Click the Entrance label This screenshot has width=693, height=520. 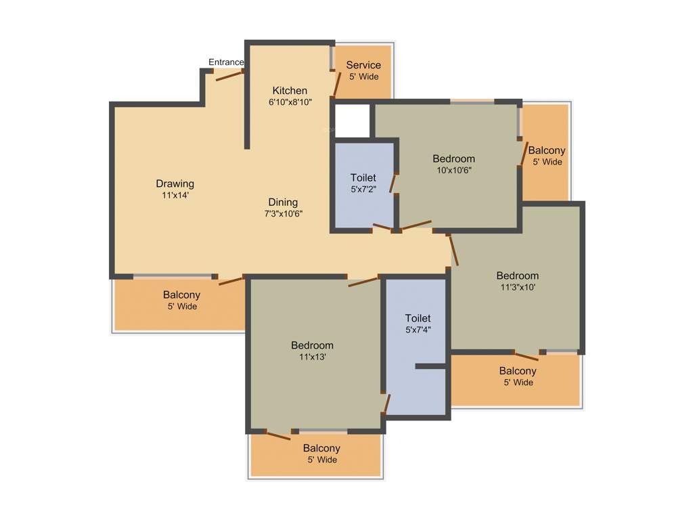[226, 62]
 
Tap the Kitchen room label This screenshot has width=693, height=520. [290, 91]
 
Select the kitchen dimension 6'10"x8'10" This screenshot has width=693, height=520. [290, 102]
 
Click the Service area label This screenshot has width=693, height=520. [363, 65]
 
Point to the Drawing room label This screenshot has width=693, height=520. [175, 183]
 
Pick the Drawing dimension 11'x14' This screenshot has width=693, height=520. [175, 196]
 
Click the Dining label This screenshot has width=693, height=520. [283, 202]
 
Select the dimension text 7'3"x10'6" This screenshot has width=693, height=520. [283, 214]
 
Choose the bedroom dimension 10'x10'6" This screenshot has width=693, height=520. [453, 171]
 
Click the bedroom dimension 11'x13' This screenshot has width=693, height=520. [312, 357]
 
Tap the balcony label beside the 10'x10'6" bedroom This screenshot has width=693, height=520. [547, 150]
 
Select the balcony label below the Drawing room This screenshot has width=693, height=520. [181, 295]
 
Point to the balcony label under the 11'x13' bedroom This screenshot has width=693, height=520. [321, 448]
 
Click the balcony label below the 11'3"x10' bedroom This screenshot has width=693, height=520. [518, 370]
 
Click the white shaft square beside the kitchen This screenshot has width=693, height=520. [353, 121]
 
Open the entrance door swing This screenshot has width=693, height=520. [229, 75]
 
